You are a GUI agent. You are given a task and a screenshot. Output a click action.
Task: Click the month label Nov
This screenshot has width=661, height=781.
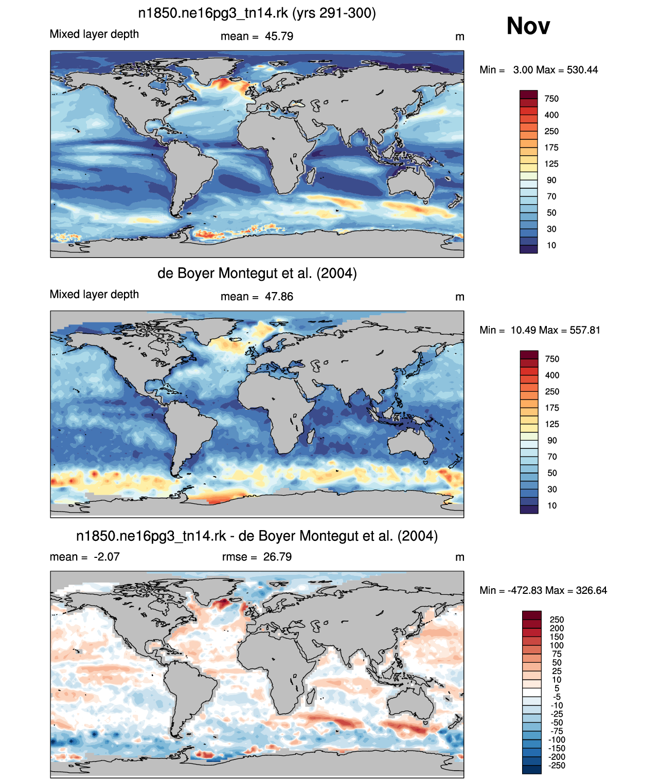point(528,26)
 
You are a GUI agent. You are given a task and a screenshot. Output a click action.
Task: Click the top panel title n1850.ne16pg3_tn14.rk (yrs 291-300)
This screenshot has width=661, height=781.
point(257,13)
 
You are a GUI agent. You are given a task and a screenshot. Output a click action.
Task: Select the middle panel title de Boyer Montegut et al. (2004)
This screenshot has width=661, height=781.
point(257,273)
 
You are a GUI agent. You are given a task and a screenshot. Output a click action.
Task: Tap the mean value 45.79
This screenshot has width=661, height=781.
point(279,37)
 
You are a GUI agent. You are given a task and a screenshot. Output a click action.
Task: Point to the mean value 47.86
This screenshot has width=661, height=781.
point(279,297)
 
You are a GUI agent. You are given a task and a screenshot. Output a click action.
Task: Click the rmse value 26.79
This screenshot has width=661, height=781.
point(277,557)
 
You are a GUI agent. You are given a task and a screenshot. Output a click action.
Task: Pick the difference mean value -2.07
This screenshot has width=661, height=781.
point(106,557)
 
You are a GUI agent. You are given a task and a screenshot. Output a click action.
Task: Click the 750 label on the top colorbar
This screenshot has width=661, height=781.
point(551,99)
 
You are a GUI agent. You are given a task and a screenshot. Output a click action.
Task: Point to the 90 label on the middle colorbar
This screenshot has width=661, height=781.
point(552,441)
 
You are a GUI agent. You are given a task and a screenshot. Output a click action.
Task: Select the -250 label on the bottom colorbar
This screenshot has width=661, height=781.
point(557,766)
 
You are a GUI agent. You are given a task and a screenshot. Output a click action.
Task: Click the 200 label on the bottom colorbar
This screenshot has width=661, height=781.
point(557,628)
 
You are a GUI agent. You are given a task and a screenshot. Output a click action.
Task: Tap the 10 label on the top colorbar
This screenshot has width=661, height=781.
point(551,246)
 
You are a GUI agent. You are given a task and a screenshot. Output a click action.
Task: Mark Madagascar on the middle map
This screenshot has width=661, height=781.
point(311,437)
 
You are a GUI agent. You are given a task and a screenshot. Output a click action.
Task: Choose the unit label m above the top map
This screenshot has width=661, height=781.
point(459,37)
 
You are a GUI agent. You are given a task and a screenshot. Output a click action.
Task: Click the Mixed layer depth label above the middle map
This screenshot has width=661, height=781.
point(94,295)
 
